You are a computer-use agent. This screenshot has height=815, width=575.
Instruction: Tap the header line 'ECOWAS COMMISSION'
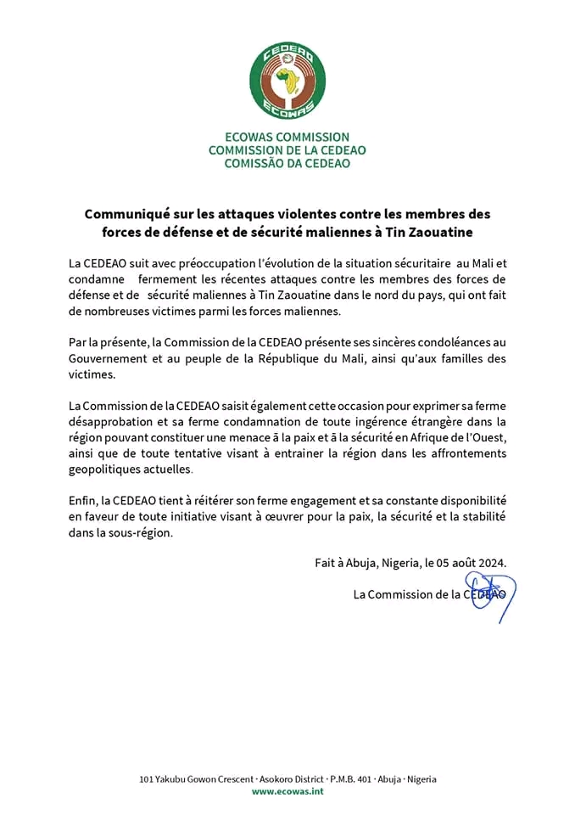point(287,137)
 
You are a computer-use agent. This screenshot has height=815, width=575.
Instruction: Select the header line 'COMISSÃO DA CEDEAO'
point(287,163)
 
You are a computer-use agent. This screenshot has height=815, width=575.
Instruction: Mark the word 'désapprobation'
point(111,421)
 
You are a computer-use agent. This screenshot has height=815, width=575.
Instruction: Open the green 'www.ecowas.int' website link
point(287,791)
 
